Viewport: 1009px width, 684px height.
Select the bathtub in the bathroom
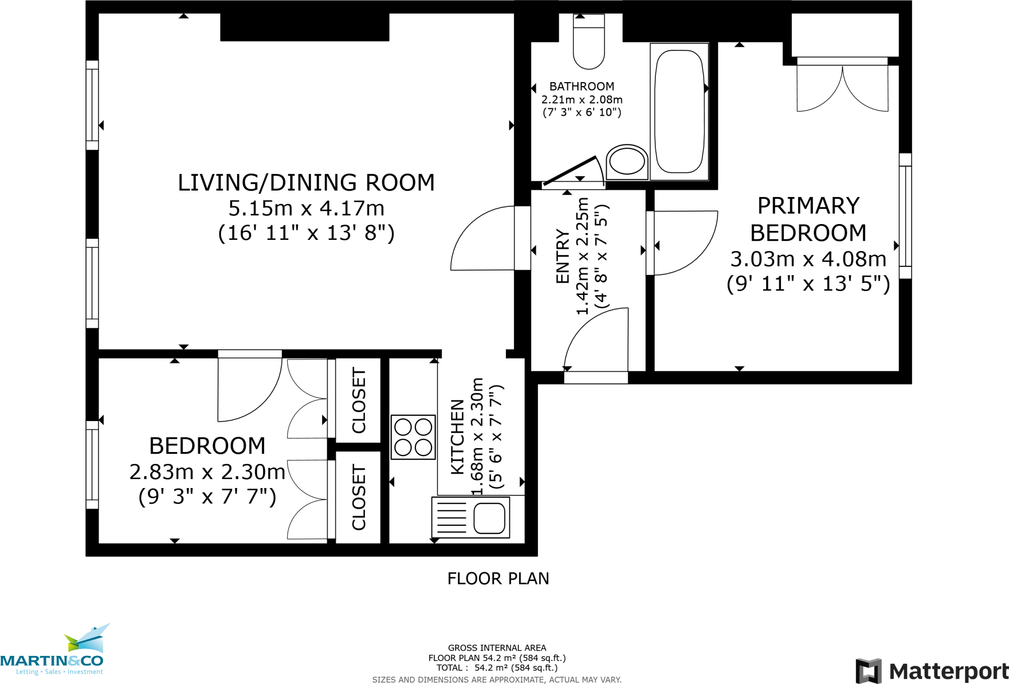point(679,111)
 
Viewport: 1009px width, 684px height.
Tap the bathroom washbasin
point(627,162)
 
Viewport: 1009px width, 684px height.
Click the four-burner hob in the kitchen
point(413,437)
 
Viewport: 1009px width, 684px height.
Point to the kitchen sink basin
point(489,519)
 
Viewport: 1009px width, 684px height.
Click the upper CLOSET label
point(359,400)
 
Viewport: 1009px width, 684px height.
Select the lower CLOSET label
point(359,497)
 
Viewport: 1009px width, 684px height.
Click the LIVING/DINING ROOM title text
point(306,183)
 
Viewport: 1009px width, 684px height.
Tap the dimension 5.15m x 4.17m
point(306,208)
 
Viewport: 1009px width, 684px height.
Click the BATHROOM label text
point(582,87)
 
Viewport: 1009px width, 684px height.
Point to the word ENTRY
point(563,256)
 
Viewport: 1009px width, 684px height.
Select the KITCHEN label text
point(458,437)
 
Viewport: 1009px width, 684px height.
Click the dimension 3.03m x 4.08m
point(808,259)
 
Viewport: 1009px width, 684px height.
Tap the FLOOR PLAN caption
point(498,578)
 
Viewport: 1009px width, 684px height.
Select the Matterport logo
point(931,671)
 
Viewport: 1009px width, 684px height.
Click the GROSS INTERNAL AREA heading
point(497,648)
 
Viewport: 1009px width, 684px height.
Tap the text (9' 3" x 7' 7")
point(207,496)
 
